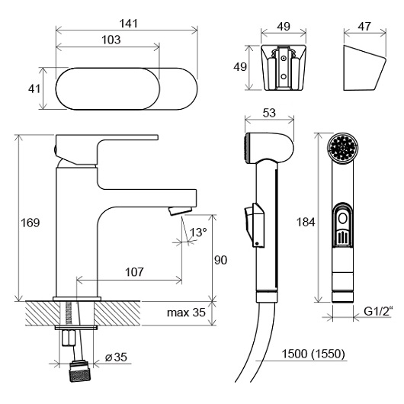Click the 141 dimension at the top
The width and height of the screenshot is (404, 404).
coord(128,24)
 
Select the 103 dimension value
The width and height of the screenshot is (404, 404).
coord(111,40)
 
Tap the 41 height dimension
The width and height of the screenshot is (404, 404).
coord(34,89)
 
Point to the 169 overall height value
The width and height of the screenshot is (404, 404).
coord(30,223)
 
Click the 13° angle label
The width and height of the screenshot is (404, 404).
coord(198,232)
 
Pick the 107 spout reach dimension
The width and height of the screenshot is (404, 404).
coord(134,272)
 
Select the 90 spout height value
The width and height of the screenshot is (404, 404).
coord(220,260)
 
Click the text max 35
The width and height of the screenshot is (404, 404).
coord(186,313)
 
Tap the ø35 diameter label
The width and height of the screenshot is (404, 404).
coord(116,357)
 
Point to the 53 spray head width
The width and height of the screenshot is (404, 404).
coord(269,113)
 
